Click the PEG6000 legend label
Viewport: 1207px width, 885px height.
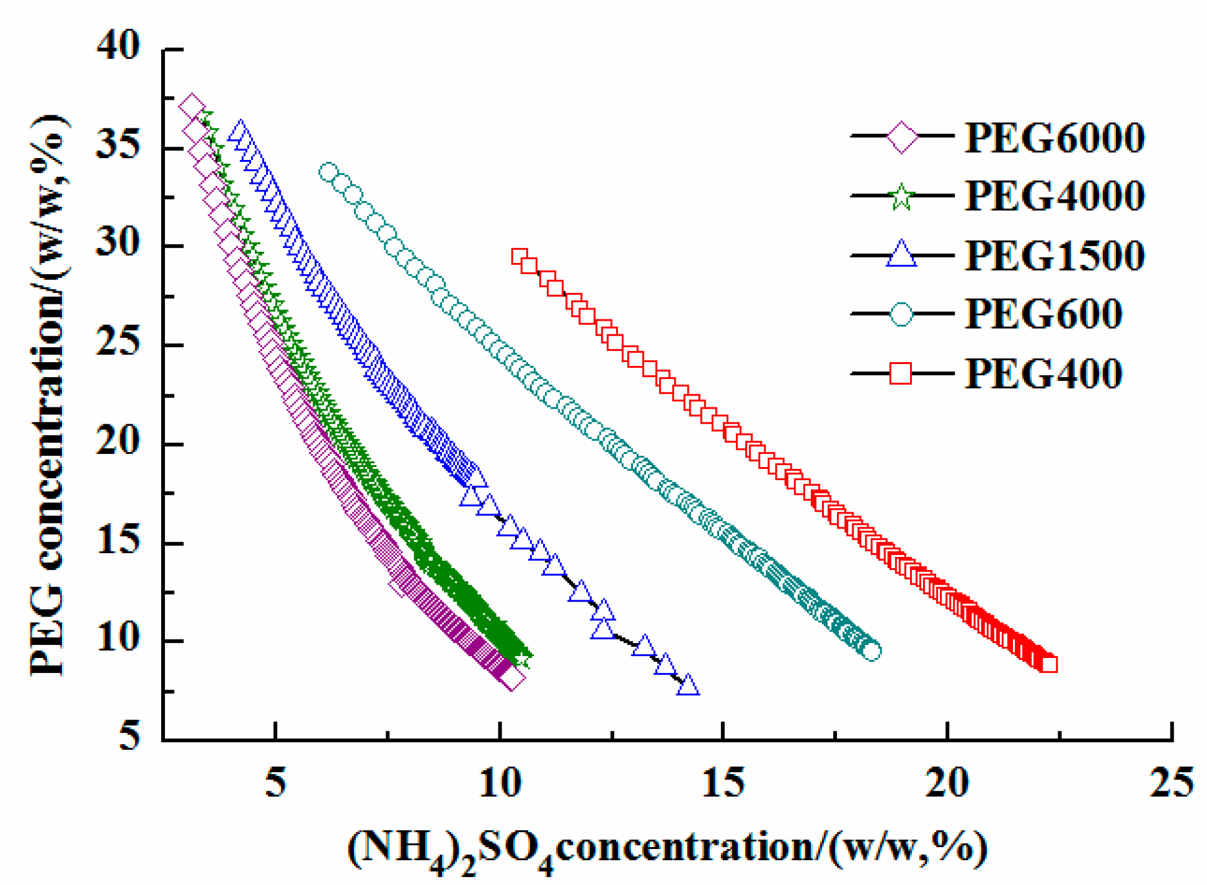(1054, 137)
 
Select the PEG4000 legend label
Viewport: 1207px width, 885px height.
(1054, 196)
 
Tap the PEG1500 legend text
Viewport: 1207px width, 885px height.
(1054, 255)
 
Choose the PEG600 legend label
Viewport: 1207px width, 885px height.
(1043, 314)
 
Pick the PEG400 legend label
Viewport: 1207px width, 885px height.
(1043, 373)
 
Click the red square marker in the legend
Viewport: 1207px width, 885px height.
(901, 373)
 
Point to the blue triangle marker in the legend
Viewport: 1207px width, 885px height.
(901, 255)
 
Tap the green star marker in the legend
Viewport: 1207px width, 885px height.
(901, 197)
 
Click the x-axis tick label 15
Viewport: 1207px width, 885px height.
(723, 782)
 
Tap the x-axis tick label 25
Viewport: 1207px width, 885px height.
(1170, 782)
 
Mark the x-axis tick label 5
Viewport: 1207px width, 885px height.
(275, 782)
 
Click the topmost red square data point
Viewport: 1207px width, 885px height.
(519, 257)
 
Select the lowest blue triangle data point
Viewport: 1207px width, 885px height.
(688, 685)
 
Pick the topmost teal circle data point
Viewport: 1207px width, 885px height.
(329, 172)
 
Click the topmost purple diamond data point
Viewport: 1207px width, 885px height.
(192, 107)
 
